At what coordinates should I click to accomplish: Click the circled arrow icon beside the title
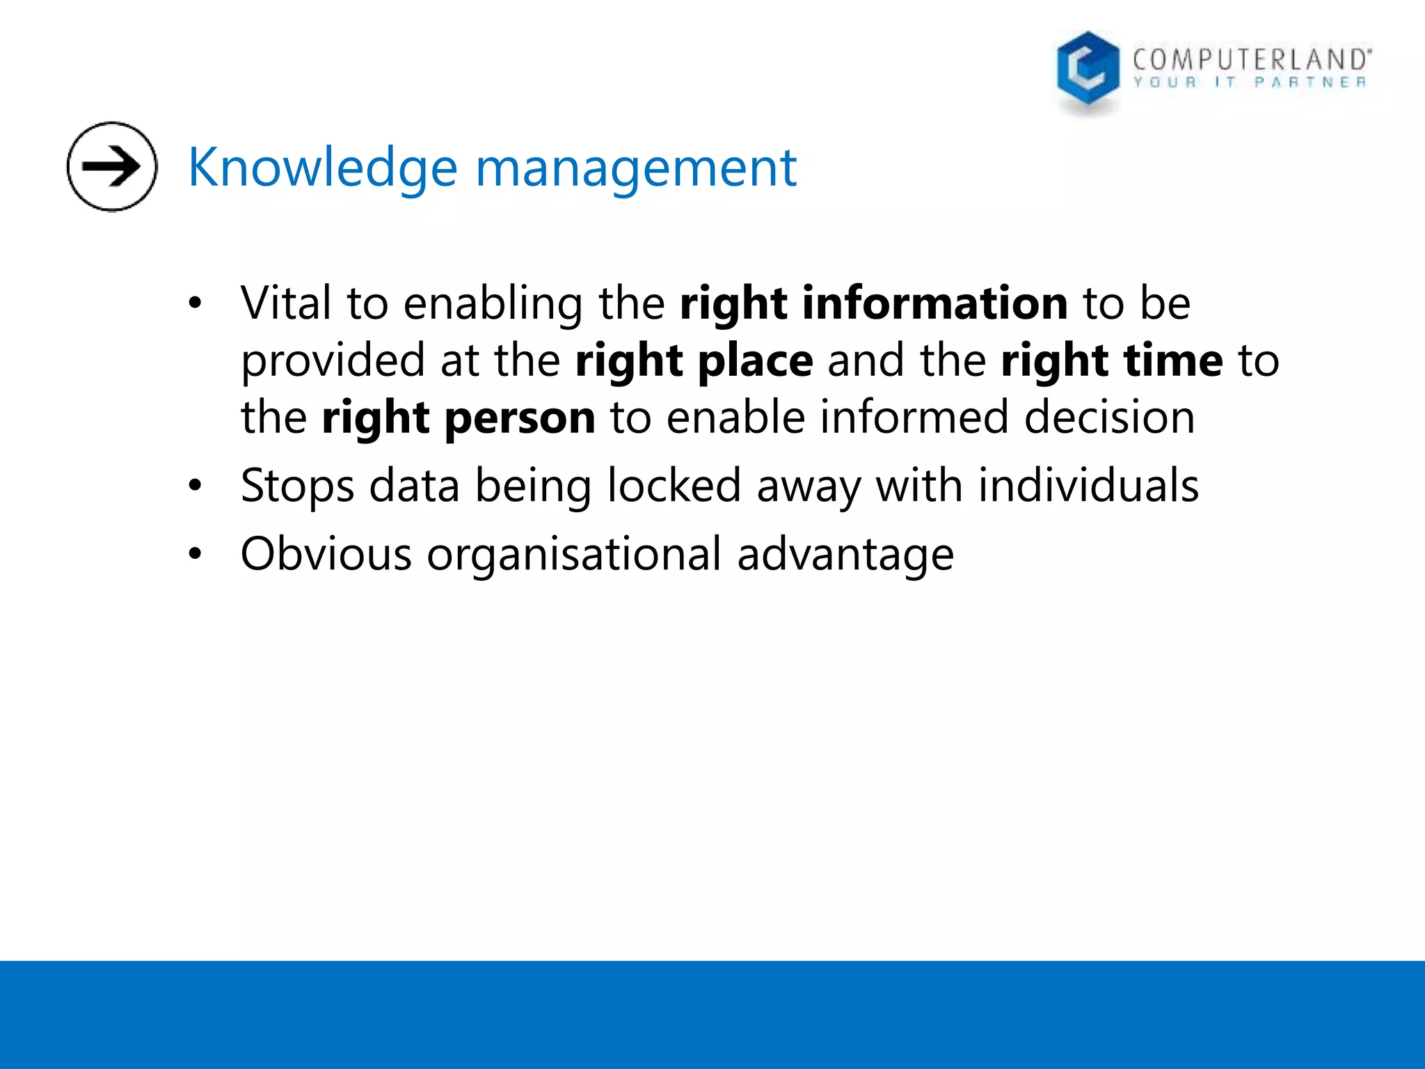click(112, 166)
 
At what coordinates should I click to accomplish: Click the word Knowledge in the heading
click(322, 168)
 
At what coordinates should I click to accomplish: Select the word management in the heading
click(635, 168)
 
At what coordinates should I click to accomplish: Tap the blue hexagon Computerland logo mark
click(1088, 69)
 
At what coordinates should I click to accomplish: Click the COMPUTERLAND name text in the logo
click(1251, 59)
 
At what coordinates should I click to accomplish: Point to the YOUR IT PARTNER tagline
click(1250, 83)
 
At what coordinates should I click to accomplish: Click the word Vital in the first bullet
click(285, 303)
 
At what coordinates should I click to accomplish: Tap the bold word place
click(755, 361)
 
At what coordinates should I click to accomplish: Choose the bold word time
click(1173, 361)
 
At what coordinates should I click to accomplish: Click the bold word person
click(520, 418)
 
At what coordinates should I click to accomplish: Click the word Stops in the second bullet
click(297, 486)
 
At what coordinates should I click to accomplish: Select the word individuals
click(1088, 486)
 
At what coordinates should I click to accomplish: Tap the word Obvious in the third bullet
click(326, 555)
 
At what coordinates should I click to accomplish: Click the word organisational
click(574, 555)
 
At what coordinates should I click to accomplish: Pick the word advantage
click(845, 555)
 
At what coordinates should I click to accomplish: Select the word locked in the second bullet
click(674, 486)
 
